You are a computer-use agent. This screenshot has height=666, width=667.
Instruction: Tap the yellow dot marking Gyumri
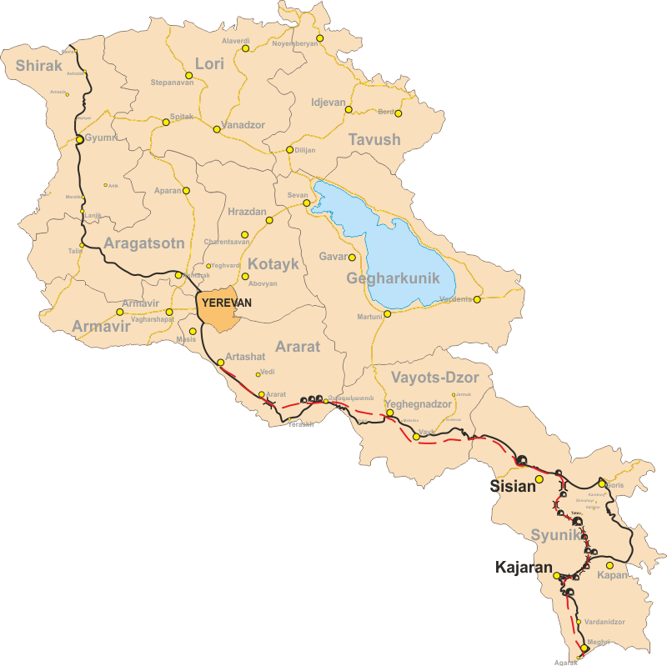click(79, 139)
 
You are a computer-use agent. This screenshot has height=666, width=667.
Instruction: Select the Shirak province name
click(38, 65)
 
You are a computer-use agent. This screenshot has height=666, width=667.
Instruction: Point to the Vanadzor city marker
click(217, 129)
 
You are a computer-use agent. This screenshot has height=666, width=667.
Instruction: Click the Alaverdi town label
click(235, 41)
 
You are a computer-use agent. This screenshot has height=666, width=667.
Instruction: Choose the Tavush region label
click(374, 139)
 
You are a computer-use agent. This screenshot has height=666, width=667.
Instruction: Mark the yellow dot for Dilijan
click(289, 150)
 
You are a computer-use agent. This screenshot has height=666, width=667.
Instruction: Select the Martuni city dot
click(388, 315)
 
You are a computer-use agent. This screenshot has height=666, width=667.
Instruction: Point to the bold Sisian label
click(511, 487)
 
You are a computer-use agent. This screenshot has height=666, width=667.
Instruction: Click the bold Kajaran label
click(524, 568)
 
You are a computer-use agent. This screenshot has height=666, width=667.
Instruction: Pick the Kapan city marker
click(609, 565)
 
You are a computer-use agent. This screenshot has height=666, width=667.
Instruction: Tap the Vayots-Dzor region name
click(435, 378)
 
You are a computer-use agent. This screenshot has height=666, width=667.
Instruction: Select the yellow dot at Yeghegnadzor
click(389, 413)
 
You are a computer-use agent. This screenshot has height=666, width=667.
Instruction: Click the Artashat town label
click(245, 356)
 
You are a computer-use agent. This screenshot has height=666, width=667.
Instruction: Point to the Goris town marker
click(601, 483)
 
